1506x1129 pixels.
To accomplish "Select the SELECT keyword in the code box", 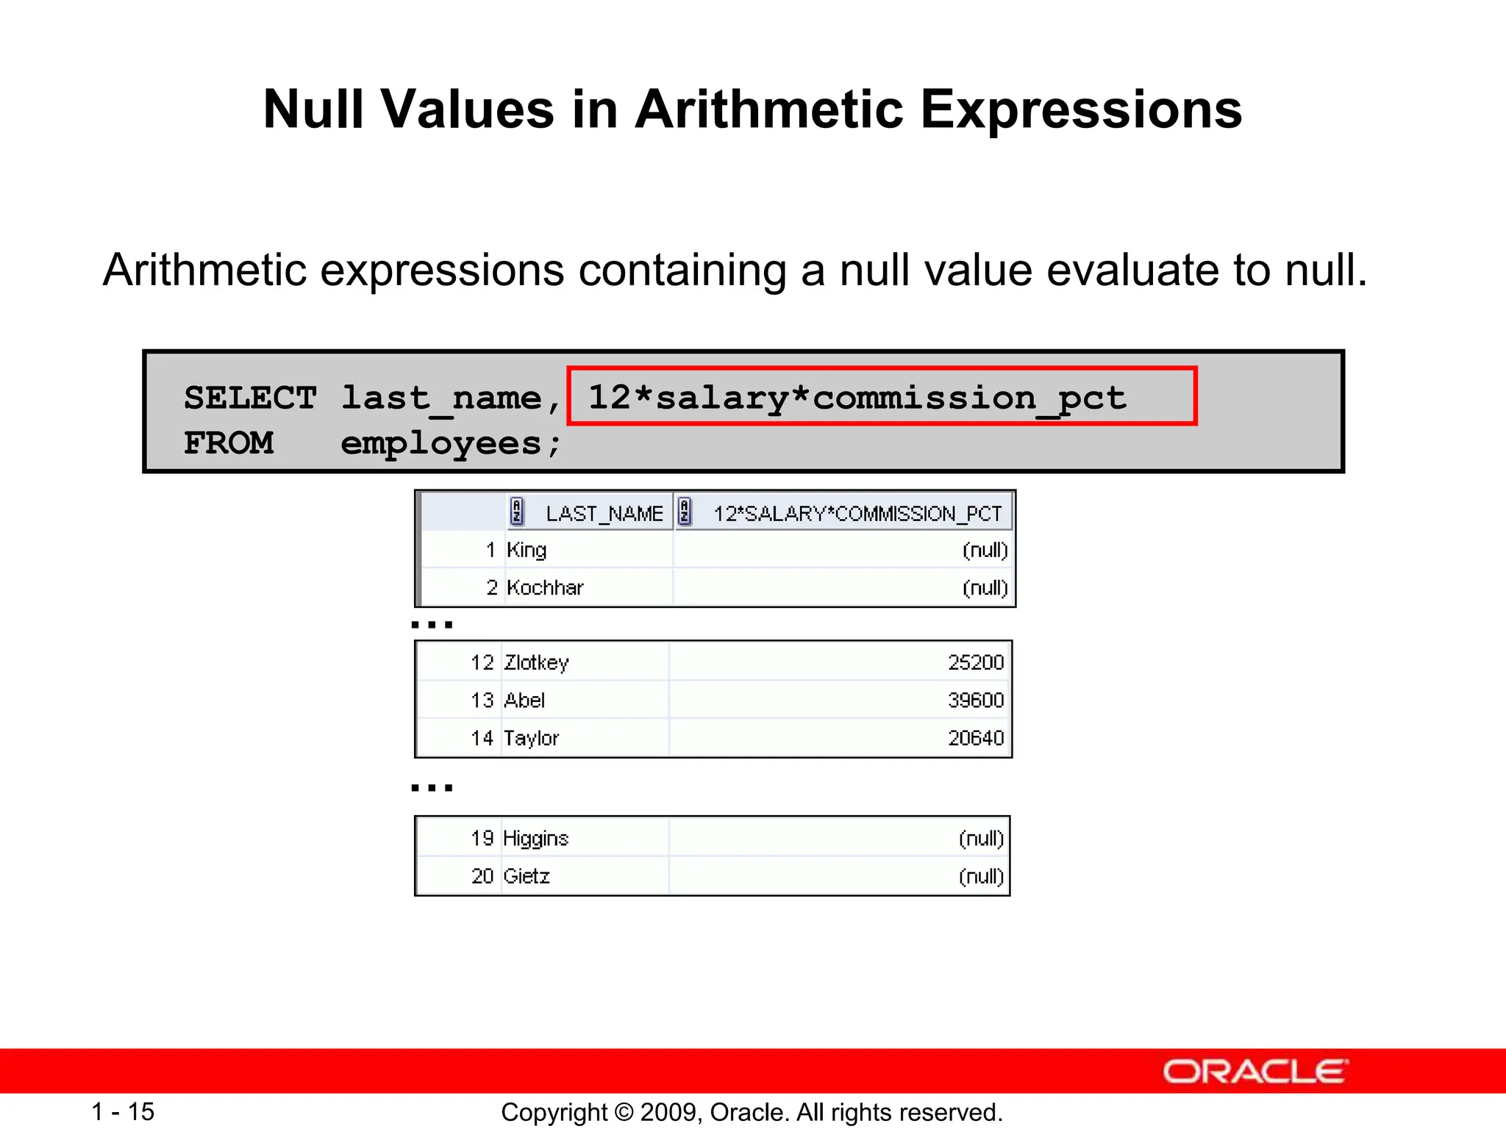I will click(x=250, y=398).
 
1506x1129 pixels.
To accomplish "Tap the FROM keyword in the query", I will click(x=228, y=444).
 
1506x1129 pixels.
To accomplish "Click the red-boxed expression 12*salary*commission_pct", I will click(x=857, y=398).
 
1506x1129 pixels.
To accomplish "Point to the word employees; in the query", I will click(x=450, y=444).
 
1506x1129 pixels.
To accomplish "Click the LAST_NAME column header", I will click(x=604, y=513).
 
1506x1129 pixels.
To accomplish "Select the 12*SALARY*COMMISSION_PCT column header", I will click(x=857, y=513).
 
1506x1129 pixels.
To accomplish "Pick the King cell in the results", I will click(x=527, y=550).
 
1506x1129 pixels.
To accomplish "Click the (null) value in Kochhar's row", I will click(x=985, y=588).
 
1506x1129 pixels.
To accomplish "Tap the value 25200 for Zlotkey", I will click(x=975, y=663).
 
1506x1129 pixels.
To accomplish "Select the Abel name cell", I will click(x=524, y=700).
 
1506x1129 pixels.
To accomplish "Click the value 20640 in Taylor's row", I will click(x=975, y=738).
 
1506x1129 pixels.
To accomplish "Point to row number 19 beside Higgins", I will click(x=482, y=839).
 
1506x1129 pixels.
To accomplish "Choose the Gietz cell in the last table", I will click(x=527, y=876).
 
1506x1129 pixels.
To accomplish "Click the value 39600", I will click(x=975, y=700).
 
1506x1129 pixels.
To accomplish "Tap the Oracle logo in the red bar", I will click(x=1255, y=1072).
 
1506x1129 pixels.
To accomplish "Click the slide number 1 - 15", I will click(x=123, y=1111).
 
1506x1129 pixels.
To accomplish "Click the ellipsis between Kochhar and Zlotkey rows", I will click(x=432, y=625).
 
